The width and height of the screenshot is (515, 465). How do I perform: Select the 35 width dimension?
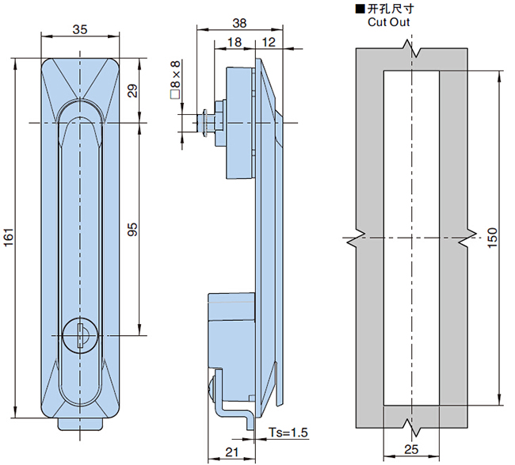79,29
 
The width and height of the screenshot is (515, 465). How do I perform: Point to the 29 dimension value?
133,90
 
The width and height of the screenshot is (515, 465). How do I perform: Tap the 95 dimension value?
133,230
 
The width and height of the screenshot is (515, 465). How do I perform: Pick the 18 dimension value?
235,41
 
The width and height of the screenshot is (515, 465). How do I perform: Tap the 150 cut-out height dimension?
492,238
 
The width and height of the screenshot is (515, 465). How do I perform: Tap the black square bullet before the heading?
360,9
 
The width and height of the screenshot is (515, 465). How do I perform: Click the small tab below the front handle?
80,425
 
